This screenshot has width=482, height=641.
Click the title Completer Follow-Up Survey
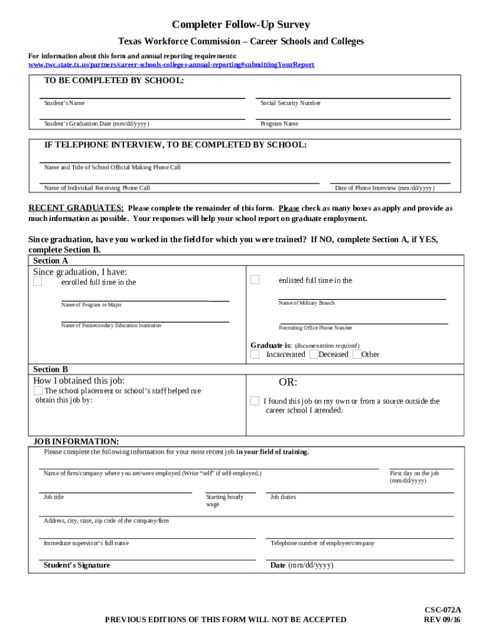pos(241,25)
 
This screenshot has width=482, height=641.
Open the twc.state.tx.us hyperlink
pos(171,64)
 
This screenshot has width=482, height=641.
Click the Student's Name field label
pos(64,103)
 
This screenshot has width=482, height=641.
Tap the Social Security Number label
pos(290,103)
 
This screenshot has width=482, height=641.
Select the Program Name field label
pos(279,123)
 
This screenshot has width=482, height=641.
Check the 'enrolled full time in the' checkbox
pos(38,282)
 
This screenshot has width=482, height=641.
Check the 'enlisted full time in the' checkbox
pos(255,280)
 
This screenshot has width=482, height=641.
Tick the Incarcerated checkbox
pos(255,354)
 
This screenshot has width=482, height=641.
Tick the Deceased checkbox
pos(314,354)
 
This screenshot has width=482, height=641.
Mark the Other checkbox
pos(357,354)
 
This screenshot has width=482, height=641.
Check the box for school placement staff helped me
pos(38,391)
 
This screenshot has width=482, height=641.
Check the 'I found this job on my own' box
pos(255,401)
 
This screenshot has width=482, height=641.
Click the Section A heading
pos(51,260)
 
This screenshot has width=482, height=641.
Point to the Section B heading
pos(51,369)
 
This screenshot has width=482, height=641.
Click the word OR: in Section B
pos(288,382)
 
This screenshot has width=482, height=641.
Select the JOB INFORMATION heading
pos(76,441)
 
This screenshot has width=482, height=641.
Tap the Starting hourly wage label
pos(225,500)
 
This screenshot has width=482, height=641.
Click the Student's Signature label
pos(76,565)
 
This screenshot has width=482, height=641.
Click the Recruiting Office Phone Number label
pos(315,328)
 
